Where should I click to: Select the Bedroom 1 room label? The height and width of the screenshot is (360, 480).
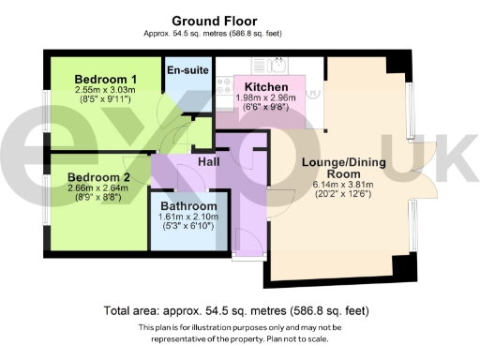click(107, 79)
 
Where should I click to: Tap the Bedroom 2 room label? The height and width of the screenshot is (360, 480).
click(98, 176)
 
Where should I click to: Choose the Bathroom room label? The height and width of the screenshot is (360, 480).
click(188, 206)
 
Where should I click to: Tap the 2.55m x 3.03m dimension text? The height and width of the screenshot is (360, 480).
click(107, 90)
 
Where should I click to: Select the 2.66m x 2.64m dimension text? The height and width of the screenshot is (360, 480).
click(98, 187)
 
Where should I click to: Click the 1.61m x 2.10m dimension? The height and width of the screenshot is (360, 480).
click(188, 217)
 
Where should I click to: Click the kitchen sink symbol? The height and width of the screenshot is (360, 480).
click(277, 65)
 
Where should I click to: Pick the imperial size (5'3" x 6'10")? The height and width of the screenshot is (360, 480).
click(188, 228)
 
